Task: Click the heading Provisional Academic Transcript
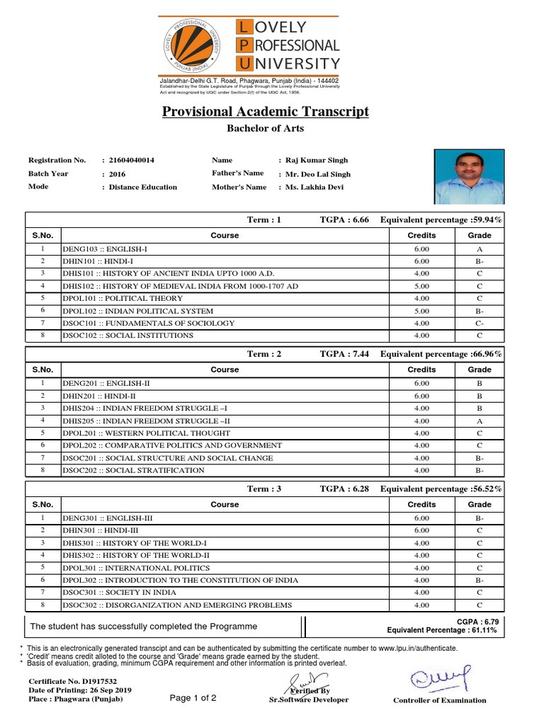[x=266, y=112]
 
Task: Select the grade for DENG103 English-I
[x=480, y=249]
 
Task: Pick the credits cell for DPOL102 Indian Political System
[x=421, y=311]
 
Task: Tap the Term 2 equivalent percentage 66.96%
[x=487, y=354]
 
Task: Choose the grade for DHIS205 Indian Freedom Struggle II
[x=480, y=421]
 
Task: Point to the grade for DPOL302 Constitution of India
[x=480, y=580]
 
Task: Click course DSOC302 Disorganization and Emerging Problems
[x=176, y=605]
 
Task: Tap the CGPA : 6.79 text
[x=478, y=621]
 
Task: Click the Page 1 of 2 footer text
[x=193, y=698]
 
